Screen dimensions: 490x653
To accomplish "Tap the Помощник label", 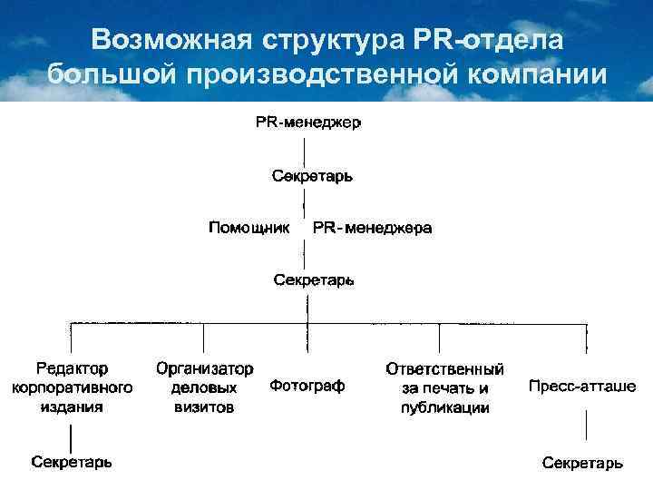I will click(249, 227).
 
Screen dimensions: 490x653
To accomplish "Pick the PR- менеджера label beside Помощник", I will click(372, 227).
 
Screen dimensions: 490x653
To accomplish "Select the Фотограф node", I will click(307, 387).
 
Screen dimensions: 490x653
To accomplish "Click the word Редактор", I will click(72, 369).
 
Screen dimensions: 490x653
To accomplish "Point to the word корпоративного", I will click(72, 387).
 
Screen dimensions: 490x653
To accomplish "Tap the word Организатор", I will click(204, 369).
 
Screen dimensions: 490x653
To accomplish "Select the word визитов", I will click(204, 407).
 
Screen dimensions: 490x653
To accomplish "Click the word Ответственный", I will click(444, 369).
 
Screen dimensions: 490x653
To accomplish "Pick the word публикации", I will click(444, 407).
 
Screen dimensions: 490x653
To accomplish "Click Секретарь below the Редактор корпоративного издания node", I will click(73, 462).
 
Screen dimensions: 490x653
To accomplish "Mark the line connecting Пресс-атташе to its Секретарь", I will click(582, 427).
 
